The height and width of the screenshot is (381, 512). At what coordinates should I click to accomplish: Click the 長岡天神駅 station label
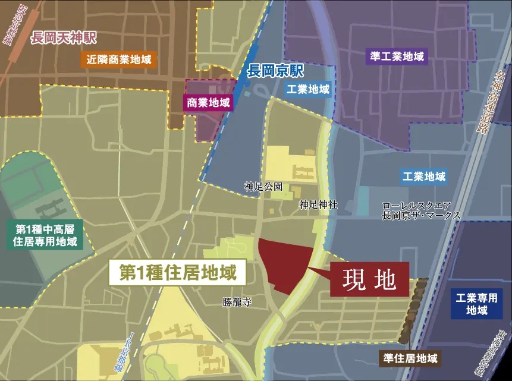coord(64,39)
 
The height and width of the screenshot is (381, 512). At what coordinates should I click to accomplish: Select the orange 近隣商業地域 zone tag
coord(119,59)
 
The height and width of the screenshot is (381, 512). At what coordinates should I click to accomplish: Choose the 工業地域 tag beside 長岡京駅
coord(307,90)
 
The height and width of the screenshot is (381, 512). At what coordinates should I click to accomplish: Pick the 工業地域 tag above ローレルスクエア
coord(424,177)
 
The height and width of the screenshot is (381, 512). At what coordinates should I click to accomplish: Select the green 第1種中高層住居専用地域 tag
coord(46,235)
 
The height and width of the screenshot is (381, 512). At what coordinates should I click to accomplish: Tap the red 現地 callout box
coord(370,280)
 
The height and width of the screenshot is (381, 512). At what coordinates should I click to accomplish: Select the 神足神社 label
coord(318,204)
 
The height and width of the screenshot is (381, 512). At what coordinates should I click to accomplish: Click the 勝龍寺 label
coord(237,303)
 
